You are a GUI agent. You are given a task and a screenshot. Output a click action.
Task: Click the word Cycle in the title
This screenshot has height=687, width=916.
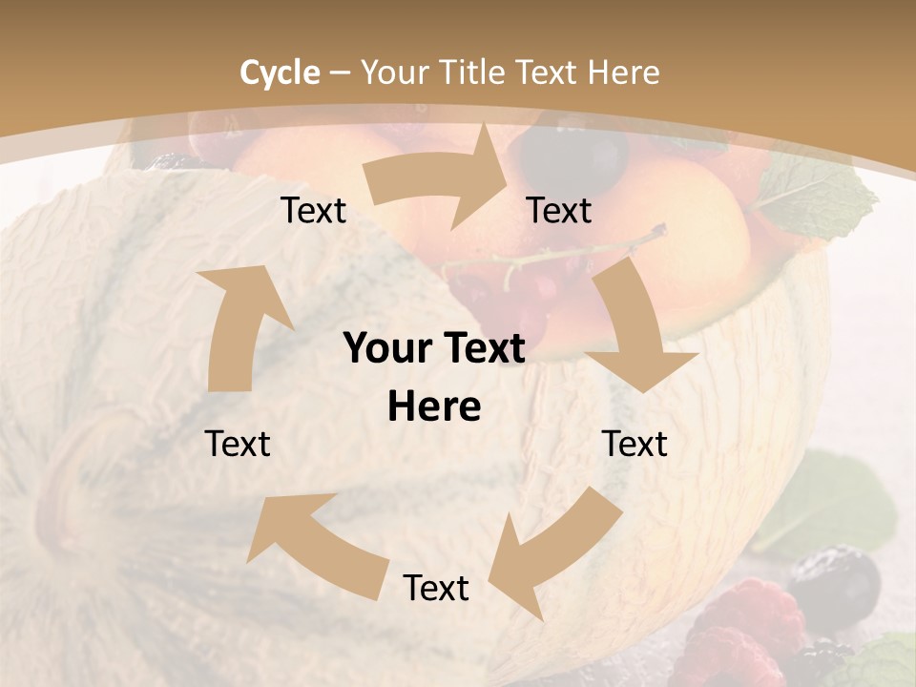[280, 73]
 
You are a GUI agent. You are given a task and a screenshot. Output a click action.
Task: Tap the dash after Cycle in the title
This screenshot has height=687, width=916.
[339, 73]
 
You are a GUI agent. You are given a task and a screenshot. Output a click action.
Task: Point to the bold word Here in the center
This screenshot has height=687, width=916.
[434, 407]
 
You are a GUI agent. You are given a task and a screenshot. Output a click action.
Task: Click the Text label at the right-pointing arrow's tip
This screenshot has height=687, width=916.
[559, 210]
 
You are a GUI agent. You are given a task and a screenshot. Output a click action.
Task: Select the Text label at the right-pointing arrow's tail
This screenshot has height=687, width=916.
[313, 210]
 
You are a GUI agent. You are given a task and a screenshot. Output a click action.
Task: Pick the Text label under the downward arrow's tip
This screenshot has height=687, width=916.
[635, 444]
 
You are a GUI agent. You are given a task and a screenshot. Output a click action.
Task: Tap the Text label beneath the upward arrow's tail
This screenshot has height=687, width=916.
[238, 444]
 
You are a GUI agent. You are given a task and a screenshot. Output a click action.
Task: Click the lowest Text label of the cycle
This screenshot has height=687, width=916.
[436, 588]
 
